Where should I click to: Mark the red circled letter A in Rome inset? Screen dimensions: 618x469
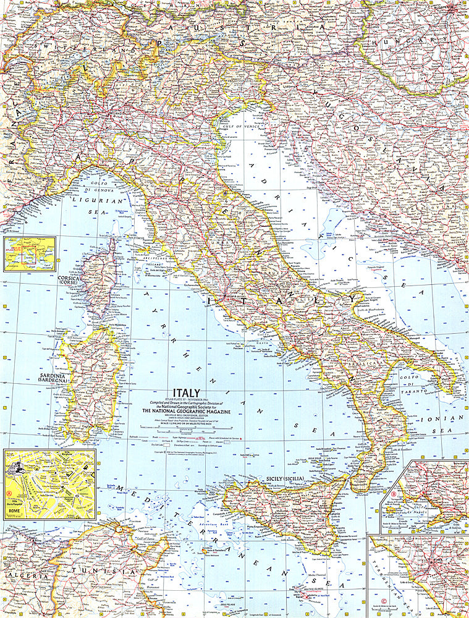click(x=9, y=493)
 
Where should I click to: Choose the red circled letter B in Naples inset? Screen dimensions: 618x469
click(x=394, y=494)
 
